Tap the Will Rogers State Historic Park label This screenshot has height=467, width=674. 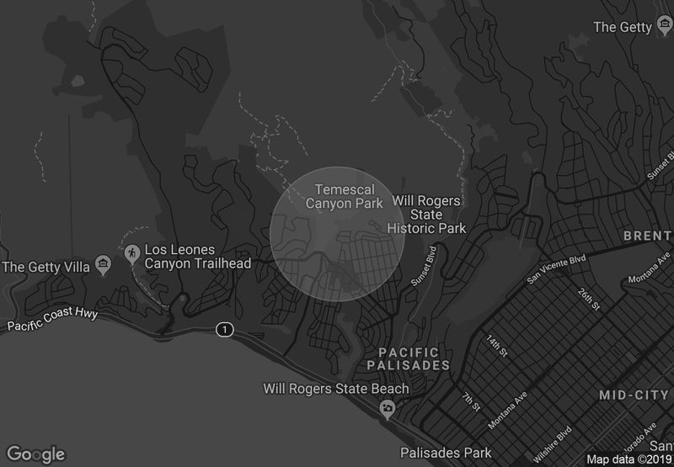(426, 215)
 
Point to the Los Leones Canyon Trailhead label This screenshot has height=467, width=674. (198, 257)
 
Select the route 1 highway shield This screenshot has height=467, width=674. (223, 329)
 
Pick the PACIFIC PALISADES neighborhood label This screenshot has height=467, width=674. (409, 358)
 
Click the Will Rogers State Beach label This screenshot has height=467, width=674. (336, 389)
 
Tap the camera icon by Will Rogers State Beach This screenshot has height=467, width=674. (387, 409)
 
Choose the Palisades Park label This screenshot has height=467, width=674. (446, 453)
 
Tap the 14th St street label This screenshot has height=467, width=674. (497, 345)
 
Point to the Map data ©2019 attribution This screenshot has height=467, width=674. (629, 459)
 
